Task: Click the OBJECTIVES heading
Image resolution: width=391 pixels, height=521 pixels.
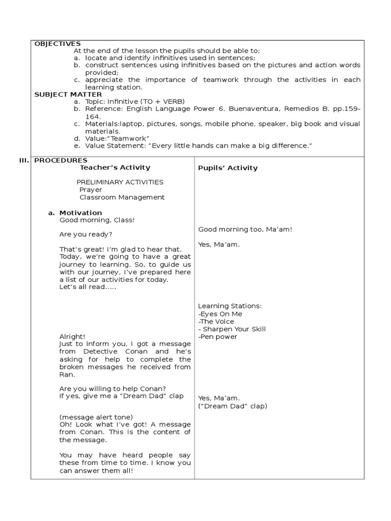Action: click(x=58, y=44)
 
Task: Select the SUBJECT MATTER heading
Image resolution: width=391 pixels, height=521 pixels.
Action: click(x=68, y=94)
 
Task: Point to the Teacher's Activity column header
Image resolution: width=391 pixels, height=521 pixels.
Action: click(x=116, y=167)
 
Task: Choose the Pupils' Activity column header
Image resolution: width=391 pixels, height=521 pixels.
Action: click(x=228, y=168)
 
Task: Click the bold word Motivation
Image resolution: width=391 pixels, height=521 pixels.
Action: click(x=80, y=213)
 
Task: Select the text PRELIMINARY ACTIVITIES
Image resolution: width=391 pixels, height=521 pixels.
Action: click(x=120, y=182)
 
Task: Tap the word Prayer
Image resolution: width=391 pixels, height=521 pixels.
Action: click(x=91, y=190)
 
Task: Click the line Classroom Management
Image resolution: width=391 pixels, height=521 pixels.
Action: click(x=122, y=197)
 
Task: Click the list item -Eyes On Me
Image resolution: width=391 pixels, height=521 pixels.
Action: click(x=220, y=314)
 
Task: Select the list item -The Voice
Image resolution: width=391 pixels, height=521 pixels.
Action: click(x=216, y=322)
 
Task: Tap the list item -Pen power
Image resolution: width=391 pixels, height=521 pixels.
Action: click(x=218, y=337)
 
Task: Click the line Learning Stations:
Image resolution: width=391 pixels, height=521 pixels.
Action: click(x=230, y=306)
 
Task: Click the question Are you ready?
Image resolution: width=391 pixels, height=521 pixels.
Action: click(x=86, y=235)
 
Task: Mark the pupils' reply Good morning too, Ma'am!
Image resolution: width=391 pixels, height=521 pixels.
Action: click(x=245, y=229)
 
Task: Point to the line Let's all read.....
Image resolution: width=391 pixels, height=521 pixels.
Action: click(x=88, y=287)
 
